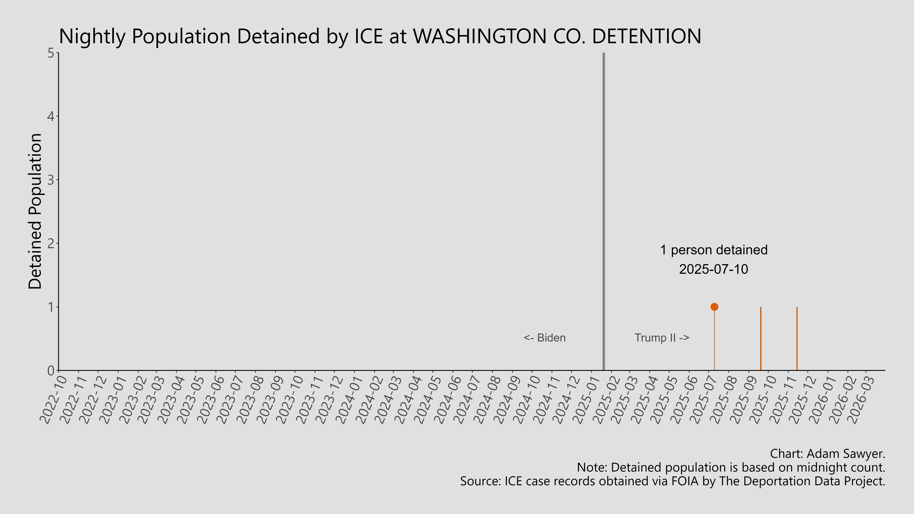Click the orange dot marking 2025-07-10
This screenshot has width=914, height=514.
714,307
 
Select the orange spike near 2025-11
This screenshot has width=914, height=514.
797,339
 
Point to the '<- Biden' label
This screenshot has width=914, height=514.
545,338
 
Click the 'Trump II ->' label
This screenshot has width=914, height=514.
662,338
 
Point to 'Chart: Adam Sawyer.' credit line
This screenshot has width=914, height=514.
827,454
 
